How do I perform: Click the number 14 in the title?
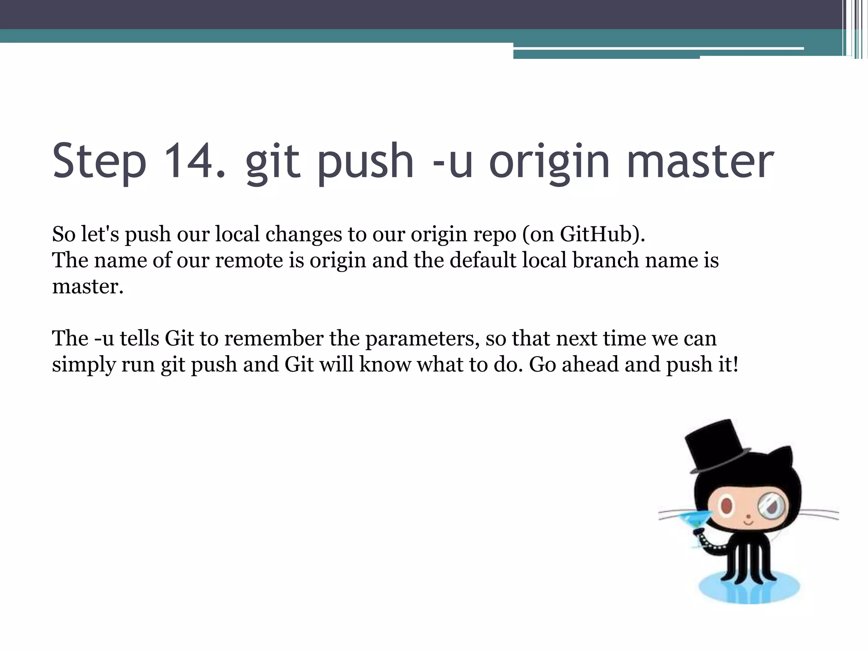coord(195,161)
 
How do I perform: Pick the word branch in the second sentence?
coord(606,260)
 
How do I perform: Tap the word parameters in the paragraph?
coord(422,339)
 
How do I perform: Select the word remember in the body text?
coord(274,338)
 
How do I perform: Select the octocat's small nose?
coord(748,517)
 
